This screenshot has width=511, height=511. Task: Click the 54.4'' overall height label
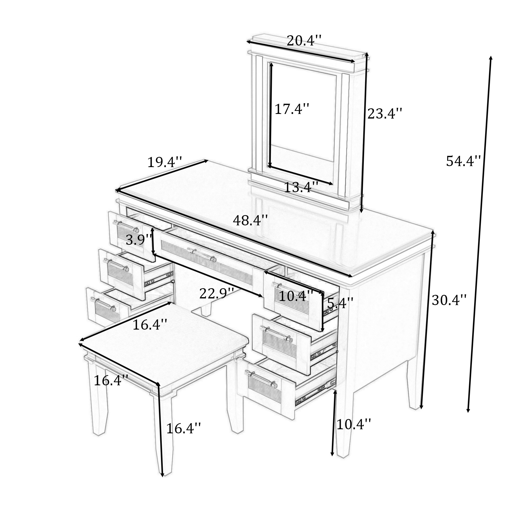(x=463, y=161)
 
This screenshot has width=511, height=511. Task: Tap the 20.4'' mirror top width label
(x=304, y=41)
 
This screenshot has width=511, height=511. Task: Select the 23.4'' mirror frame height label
(x=385, y=114)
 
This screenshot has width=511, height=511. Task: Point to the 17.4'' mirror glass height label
(x=292, y=109)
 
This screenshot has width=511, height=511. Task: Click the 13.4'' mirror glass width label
(x=301, y=188)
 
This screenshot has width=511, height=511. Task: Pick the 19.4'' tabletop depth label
(x=165, y=162)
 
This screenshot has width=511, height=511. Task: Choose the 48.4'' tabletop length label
(x=250, y=220)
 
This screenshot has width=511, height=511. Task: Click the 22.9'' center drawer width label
(x=217, y=294)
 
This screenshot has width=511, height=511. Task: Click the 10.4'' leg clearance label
(x=354, y=424)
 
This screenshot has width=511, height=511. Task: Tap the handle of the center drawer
(x=202, y=254)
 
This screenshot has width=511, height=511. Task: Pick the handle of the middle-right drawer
(x=277, y=334)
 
